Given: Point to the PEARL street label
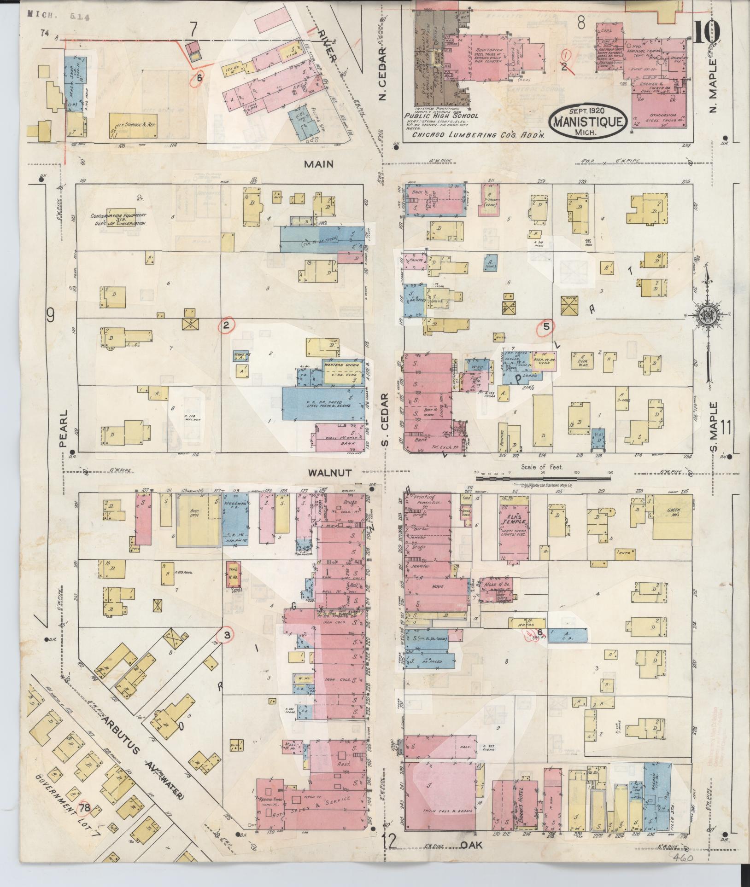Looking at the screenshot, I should (64, 428).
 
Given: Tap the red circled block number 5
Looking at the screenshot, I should (546, 326).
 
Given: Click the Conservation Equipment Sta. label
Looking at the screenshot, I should (118, 219).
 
